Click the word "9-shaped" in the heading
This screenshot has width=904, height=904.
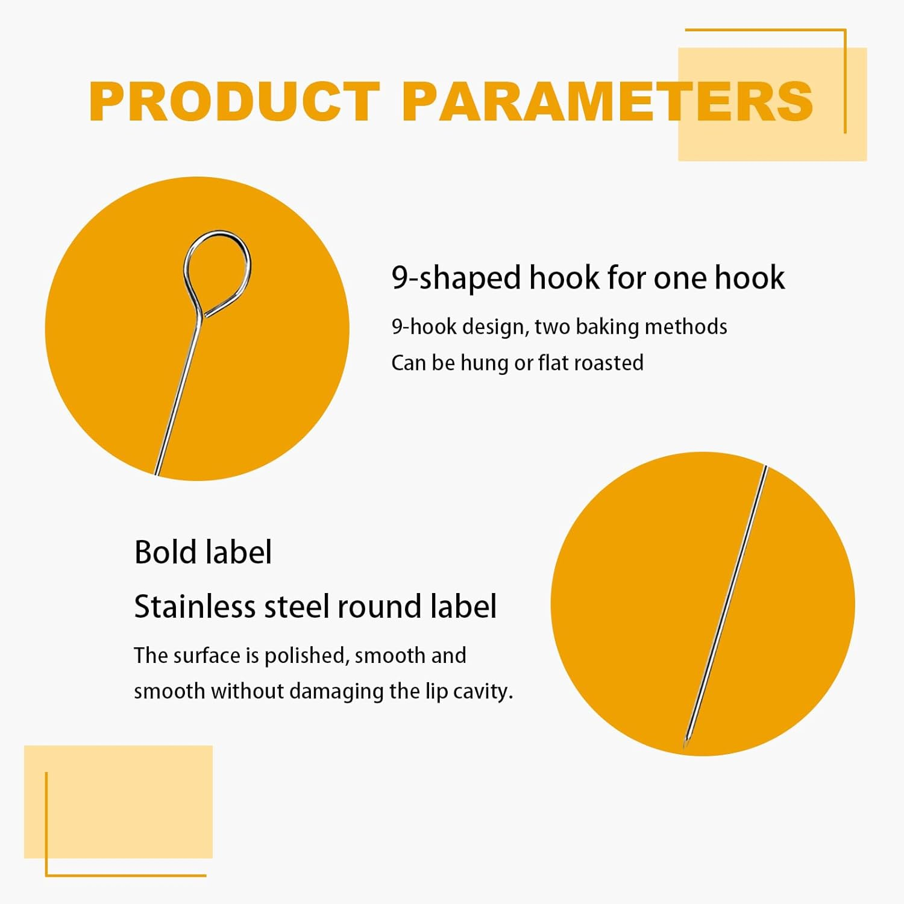[x=456, y=278]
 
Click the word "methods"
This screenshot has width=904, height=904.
[x=686, y=327]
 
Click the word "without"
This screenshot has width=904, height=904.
[x=247, y=691]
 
